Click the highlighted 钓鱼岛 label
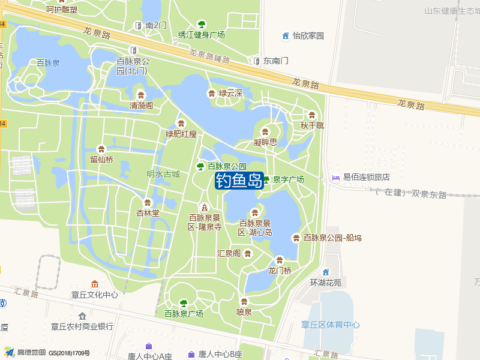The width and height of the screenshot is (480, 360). [x=239, y=180]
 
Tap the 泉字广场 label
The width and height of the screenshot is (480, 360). [x=289, y=179]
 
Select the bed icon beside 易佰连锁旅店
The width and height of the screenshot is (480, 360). [x=335, y=178]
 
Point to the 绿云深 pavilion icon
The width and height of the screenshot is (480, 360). [x=211, y=93]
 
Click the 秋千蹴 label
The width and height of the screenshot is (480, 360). [x=312, y=125]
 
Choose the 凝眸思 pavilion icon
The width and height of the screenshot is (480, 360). [x=265, y=132]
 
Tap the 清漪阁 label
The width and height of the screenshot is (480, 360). [x=142, y=106]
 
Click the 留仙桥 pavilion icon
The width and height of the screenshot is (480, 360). [x=101, y=149]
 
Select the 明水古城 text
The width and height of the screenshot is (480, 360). [x=163, y=174]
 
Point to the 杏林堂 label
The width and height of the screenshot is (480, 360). [x=148, y=213]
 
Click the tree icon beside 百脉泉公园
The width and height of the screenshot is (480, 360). [x=201, y=166]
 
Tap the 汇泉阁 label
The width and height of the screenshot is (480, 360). [x=229, y=253]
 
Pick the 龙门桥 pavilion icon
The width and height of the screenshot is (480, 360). [x=279, y=260]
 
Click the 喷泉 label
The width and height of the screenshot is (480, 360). [x=244, y=312]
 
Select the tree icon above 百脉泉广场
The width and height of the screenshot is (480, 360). [x=184, y=303]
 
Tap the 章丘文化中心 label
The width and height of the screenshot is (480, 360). [x=95, y=295]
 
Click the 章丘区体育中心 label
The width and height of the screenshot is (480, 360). [x=331, y=325]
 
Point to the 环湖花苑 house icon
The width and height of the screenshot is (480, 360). [x=326, y=272]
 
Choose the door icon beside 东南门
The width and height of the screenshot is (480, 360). [x=256, y=61]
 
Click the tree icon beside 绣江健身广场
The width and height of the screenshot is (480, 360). [x=202, y=24]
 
